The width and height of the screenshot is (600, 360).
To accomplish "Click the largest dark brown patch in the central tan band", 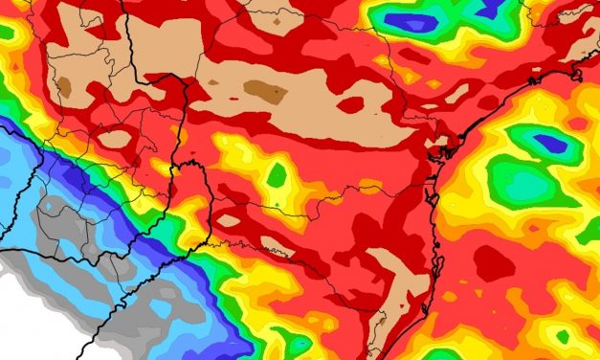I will click(265, 91).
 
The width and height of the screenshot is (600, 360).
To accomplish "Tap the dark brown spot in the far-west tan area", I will click(65, 86).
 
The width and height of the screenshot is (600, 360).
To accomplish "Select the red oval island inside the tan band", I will click(350, 103).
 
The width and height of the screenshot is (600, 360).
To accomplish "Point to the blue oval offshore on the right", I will click(550, 144).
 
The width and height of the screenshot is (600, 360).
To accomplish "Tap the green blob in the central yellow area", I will click(277, 175).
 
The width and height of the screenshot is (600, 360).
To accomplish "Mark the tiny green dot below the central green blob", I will click(276, 204).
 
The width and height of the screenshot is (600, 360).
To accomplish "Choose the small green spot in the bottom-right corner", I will click(563, 336).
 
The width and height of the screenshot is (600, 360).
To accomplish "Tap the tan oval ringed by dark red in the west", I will click(115, 139).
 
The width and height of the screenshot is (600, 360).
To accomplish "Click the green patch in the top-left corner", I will click(7, 32).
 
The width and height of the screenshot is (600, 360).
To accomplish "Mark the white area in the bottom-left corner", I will click(29, 316).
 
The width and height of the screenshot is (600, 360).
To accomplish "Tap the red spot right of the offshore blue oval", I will click(578, 124).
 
